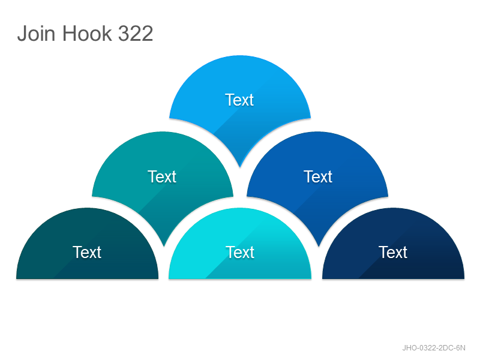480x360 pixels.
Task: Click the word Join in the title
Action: pyautogui.click(x=37, y=33)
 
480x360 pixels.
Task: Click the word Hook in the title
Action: pyautogui.click(x=87, y=33)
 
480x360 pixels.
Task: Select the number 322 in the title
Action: pyautogui.click(x=136, y=34)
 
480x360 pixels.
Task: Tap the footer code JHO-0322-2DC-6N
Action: pyautogui.click(x=434, y=348)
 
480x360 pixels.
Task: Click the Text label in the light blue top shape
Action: pyautogui.click(x=239, y=100)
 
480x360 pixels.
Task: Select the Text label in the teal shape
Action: pyautogui.click(x=162, y=176)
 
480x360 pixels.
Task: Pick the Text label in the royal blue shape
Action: pyautogui.click(x=318, y=176)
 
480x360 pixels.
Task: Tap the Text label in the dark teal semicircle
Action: pyautogui.click(x=87, y=252)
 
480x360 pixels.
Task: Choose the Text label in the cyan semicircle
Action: pyautogui.click(x=240, y=252)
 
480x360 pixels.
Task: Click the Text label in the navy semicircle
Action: pyautogui.click(x=393, y=252)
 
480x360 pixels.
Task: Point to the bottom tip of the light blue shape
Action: pyautogui.click(x=240, y=167)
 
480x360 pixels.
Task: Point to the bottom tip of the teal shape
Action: pyautogui.click(x=164, y=246)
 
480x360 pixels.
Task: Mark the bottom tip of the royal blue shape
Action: pyautogui.click(x=319, y=246)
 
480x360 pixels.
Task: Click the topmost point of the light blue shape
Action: pyautogui.click(x=240, y=55)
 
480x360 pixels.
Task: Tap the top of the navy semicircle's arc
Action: pyautogui.click(x=394, y=208)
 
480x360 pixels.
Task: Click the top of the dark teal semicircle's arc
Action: pyautogui.click(x=87, y=208)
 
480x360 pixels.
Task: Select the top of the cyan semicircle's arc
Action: pyautogui.click(x=240, y=208)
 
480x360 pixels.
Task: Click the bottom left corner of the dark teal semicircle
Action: pyautogui.click(x=16, y=278)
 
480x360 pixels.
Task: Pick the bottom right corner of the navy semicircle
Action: pyautogui.click(x=464, y=278)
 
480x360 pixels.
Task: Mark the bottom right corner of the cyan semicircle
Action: pyautogui.click(x=311, y=278)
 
